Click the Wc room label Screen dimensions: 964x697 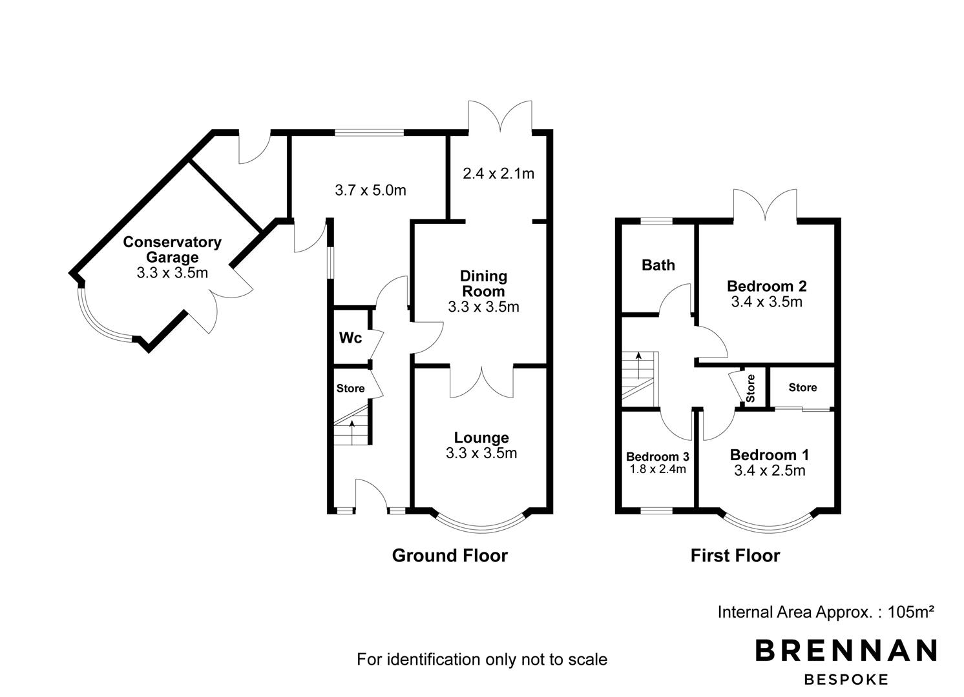click(350, 338)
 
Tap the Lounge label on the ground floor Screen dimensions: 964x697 click(481, 438)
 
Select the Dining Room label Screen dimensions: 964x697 click(484, 284)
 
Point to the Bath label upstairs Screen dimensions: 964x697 click(658, 265)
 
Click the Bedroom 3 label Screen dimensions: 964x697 click(658, 456)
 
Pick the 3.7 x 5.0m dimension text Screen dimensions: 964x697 click(370, 190)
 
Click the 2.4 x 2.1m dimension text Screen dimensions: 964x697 click(498, 174)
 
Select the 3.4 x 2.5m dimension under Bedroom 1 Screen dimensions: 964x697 click(770, 470)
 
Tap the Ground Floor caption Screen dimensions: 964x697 click(450, 556)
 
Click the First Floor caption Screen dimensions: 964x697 click(735, 556)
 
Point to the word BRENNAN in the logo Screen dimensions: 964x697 click(846, 651)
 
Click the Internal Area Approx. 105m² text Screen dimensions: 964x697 click(826, 612)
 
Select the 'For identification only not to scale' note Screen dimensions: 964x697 click(482, 659)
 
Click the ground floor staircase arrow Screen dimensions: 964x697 click(352, 432)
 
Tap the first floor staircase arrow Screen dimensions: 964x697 click(638, 365)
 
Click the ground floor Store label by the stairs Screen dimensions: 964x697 click(350, 389)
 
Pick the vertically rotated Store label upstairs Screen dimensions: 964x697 click(750, 389)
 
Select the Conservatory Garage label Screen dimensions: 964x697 click(172, 249)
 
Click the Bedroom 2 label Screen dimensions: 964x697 click(767, 286)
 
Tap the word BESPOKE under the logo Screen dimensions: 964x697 click(846, 680)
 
